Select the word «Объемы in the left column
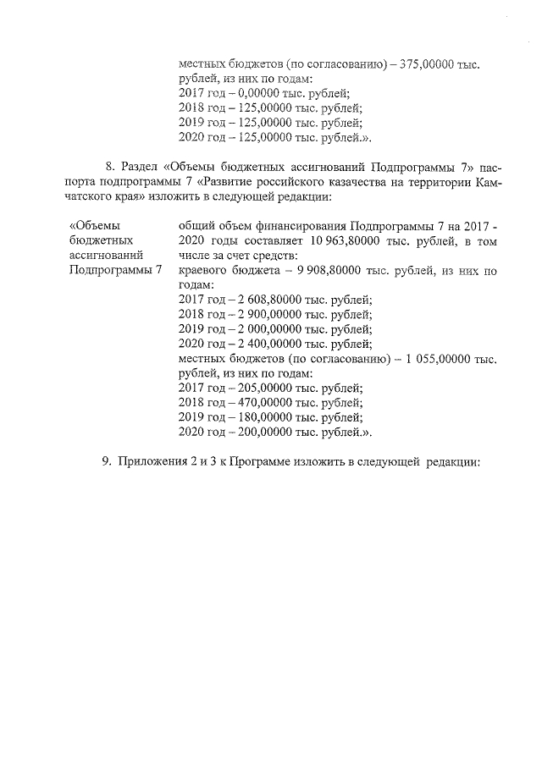(93, 225)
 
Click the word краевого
(208, 270)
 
